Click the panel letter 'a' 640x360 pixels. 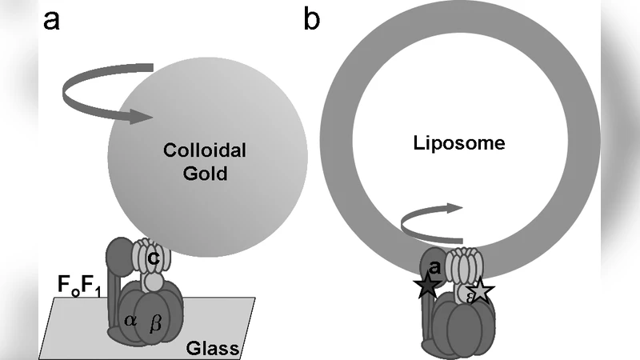pos(51,20)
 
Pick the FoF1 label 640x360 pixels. pos(78,284)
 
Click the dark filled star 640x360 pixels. pos(429,286)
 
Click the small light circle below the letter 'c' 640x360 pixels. pos(153,281)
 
